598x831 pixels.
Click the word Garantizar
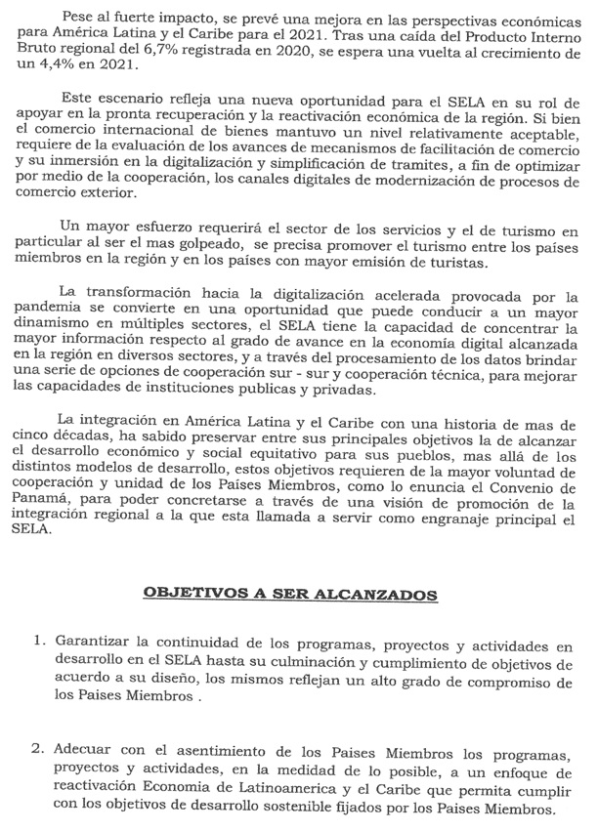[x=95, y=644]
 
